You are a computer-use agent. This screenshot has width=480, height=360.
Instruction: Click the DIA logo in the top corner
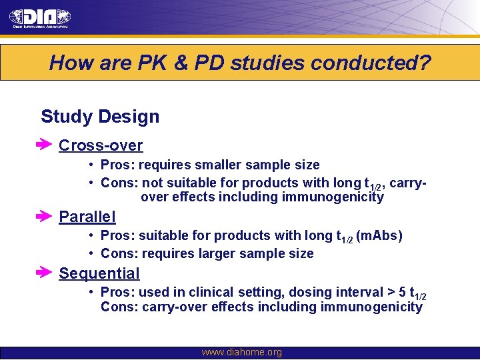click(40, 18)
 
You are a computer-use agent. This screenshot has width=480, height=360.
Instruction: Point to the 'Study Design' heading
click(100, 117)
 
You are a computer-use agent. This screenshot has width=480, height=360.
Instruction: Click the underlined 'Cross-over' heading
click(101, 145)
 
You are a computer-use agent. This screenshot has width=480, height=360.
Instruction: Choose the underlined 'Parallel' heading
click(87, 217)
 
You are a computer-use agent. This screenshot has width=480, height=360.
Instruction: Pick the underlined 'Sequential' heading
click(99, 273)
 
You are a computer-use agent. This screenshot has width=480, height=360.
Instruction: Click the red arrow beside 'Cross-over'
click(45, 145)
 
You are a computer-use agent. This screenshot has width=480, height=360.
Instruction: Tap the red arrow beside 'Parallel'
click(45, 216)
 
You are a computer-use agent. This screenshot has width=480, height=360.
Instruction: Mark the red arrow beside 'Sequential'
click(45, 273)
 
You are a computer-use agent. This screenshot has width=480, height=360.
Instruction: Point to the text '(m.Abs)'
click(379, 236)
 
